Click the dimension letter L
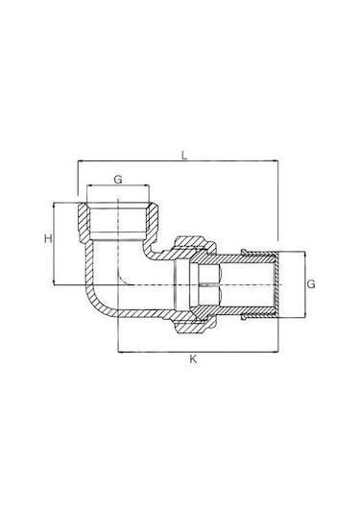click(184, 155)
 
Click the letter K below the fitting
click(193, 359)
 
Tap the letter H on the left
click(48, 238)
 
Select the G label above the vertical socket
click(118, 180)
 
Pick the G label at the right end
click(311, 283)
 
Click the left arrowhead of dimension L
click(81, 160)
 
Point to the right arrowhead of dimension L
click(276, 160)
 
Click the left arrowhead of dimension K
click(121, 353)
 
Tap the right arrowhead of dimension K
click(276, 353)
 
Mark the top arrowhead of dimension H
click(53, 207)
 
